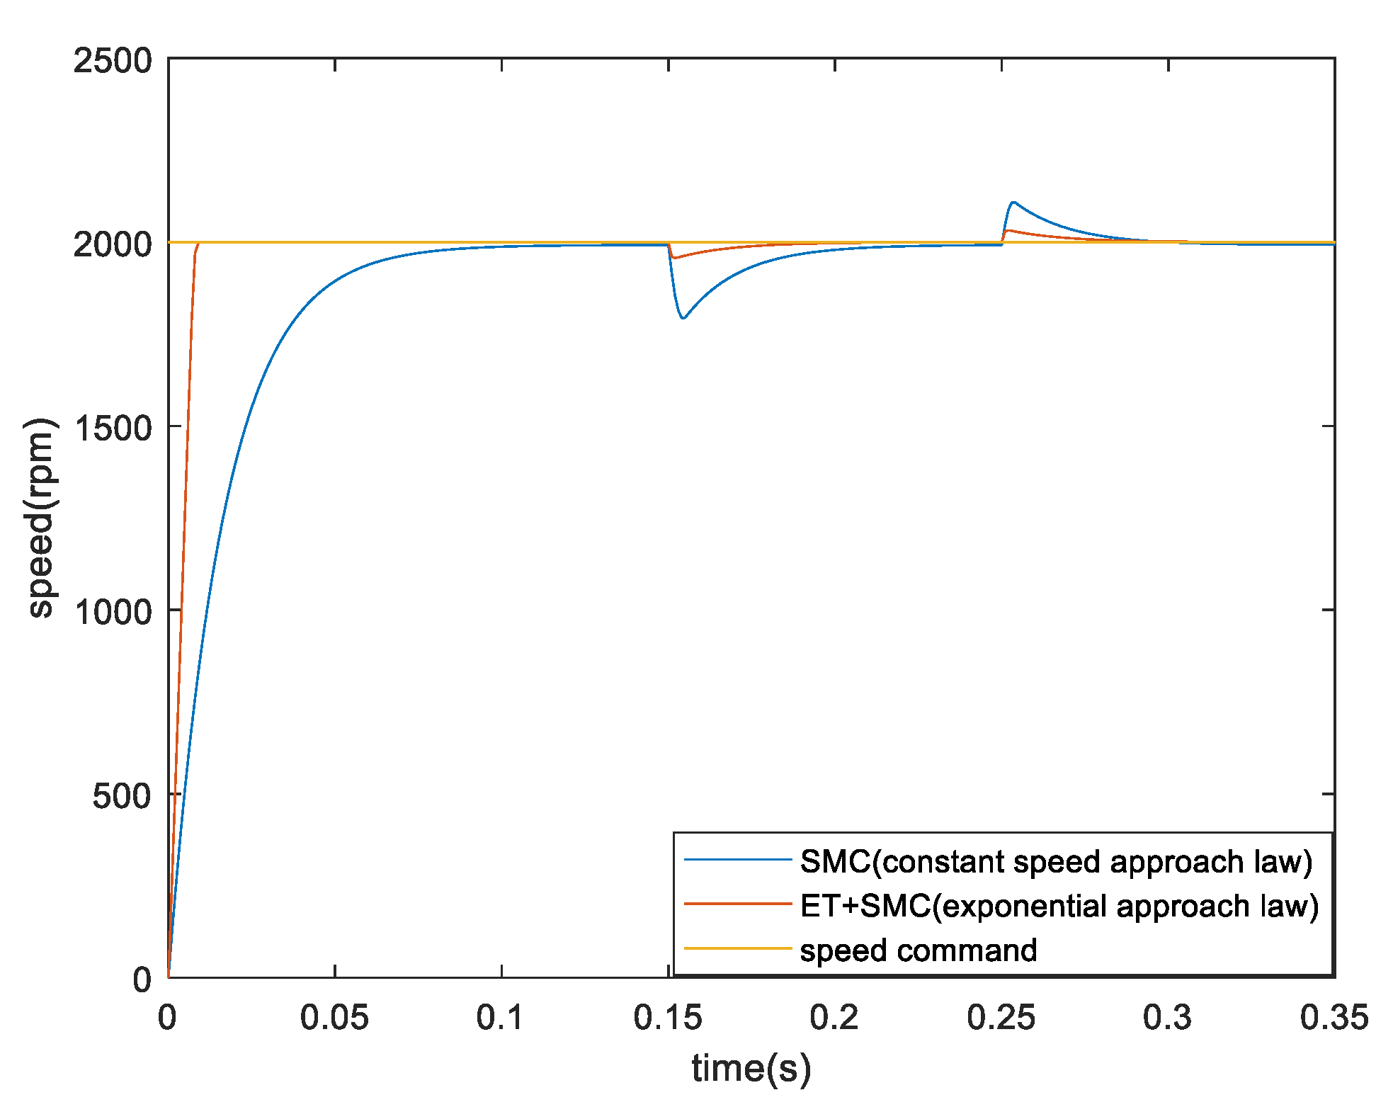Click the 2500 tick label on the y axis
[x=113, y=61]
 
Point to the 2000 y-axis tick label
[x=113, y=244]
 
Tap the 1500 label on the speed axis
[x=113, y=428]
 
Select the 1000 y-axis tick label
[x=113, y=612]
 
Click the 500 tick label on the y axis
[x=122, y=796]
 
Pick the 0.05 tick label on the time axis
[x=334, y=1018]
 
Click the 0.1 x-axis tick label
[x=501, y=1018]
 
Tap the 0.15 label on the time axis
[x=668, y=1018]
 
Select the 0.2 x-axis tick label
[x=834, y=1018]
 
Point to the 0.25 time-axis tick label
[x=1001, y=1018]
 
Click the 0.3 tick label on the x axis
[x=1168, y=1018]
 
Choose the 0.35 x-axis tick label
[x=1334, y=1018]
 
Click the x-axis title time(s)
[x=751, y=1068]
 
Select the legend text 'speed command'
[x=919, y=950]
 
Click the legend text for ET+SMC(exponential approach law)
[x=1059, y=906]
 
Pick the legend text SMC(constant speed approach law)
[x=1056, y=861]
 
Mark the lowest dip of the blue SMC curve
[x=683, y=318]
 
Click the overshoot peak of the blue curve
[x=1014, y=202]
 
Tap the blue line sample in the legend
[x=737, y=861]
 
